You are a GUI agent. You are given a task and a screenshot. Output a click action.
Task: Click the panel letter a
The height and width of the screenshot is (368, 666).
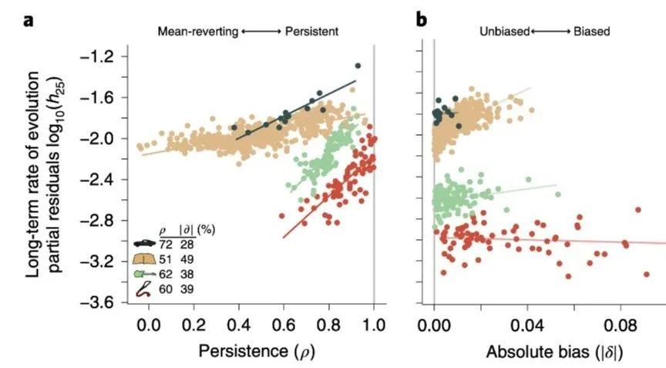click(x=29, y=20)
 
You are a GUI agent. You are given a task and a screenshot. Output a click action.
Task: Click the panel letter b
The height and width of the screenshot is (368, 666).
click(x=421, y=20)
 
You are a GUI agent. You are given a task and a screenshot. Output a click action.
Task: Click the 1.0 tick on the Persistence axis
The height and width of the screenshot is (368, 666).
click(x=374, y=324)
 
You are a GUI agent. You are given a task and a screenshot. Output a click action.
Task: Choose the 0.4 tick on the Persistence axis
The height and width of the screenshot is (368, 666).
click(x=238, y=324)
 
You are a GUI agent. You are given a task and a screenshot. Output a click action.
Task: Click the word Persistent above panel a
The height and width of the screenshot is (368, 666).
click(x=311, y=32)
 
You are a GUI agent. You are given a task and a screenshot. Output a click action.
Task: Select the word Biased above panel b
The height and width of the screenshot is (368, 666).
click(x=591, y=32)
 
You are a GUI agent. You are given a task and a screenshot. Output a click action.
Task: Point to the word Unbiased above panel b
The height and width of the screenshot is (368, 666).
click(x=503, y=32)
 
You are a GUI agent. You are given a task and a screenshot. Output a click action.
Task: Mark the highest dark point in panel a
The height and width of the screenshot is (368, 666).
click(x=358, y=66)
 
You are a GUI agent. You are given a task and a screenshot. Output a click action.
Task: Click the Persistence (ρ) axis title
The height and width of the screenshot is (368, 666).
click(x=257, y=352)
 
